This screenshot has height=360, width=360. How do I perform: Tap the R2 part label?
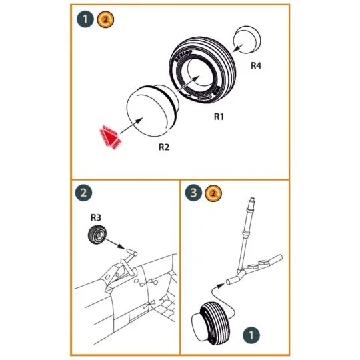(x=163, y=147)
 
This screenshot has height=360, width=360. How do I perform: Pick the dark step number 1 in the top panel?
(x=85, y=19)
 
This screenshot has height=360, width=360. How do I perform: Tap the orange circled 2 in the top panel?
(x=105, y=19)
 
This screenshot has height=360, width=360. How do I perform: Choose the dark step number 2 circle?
(x=85, y=193)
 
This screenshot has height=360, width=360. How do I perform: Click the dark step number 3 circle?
(x=194, y=193)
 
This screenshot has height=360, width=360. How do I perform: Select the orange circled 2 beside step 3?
(x=213, y=193)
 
